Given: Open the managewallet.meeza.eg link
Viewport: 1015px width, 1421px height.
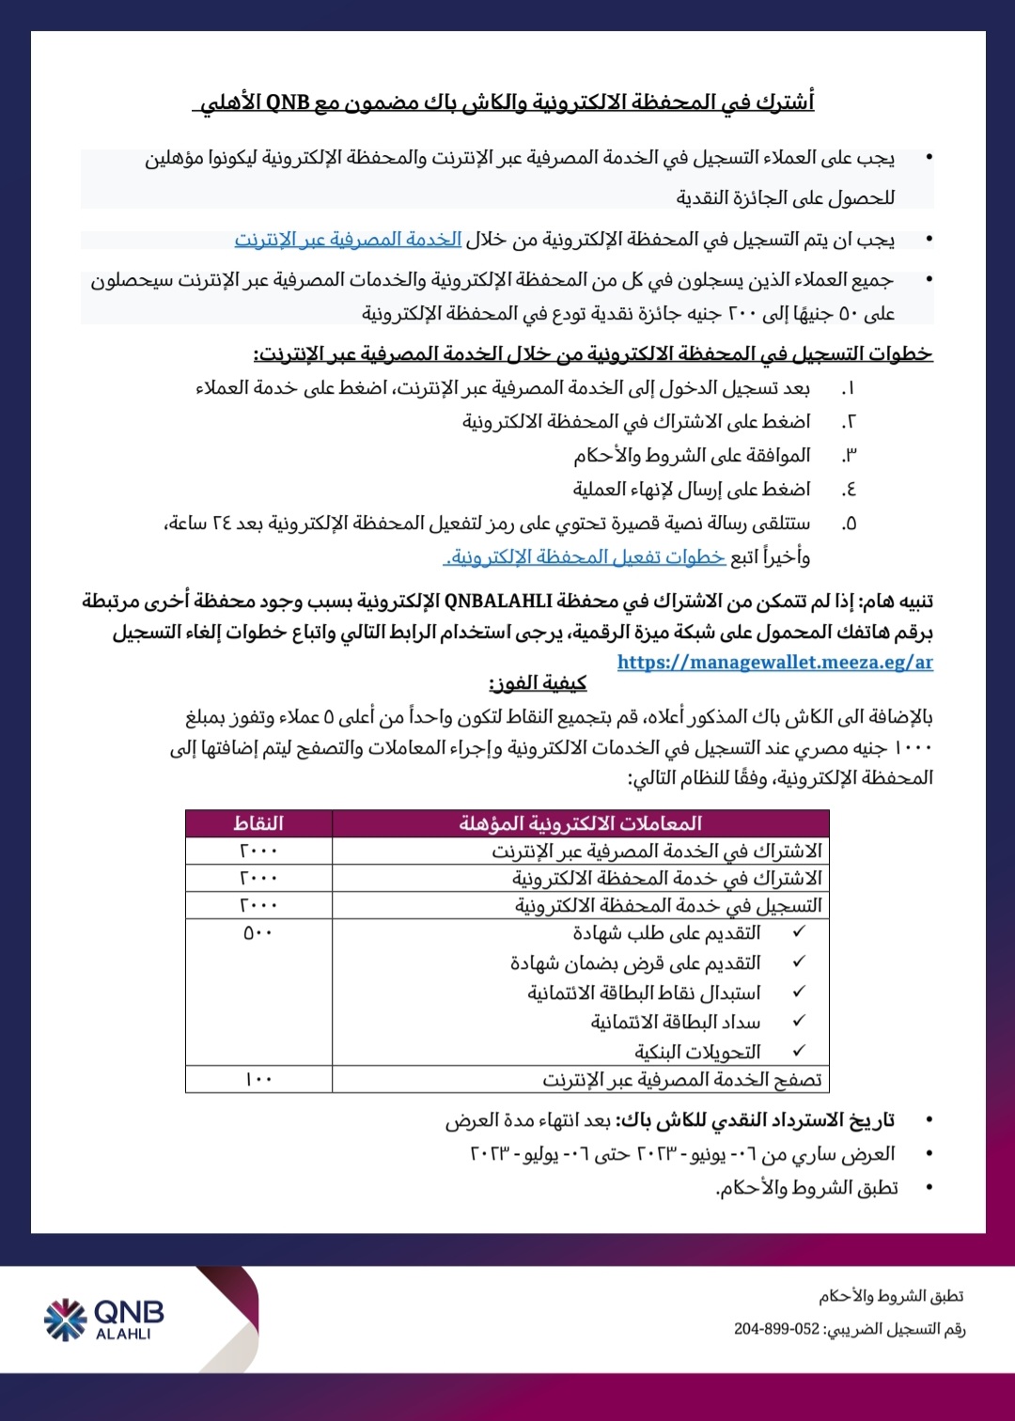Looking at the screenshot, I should click(774, 662).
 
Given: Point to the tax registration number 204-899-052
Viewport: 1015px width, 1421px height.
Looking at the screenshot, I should click(776, 1329).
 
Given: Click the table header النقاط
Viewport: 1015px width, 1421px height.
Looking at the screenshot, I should click(258, 823).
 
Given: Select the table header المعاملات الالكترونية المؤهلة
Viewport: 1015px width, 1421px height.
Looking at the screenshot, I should click(580, 823).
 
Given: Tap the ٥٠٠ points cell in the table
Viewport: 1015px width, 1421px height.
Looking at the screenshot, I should click(258, 933).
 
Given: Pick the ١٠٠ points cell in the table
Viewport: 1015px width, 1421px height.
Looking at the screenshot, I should click(258, 1079).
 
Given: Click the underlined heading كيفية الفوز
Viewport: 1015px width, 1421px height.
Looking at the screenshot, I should click(538, 683).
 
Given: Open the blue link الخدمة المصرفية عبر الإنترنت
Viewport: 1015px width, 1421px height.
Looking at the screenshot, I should click(348, 240).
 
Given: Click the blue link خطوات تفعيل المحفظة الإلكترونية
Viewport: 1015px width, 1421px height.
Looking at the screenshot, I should click(586, 557).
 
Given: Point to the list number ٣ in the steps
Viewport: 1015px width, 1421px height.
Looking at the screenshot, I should click(849, 456).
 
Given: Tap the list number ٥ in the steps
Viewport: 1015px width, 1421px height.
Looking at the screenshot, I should click(849, 523).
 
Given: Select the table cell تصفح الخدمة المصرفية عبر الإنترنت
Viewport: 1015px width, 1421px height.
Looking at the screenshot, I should click(681, 1080).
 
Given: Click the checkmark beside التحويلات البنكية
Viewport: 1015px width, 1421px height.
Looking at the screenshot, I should click(800, 1051).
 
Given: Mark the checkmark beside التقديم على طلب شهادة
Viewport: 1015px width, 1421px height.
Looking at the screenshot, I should click(800, 932).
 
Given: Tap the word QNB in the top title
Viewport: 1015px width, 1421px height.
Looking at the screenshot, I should click(288, 102).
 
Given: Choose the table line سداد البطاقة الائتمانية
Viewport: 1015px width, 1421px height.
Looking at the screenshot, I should click(675, 1022).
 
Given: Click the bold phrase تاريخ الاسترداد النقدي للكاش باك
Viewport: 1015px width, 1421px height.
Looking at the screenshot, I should click(756, 1120).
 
